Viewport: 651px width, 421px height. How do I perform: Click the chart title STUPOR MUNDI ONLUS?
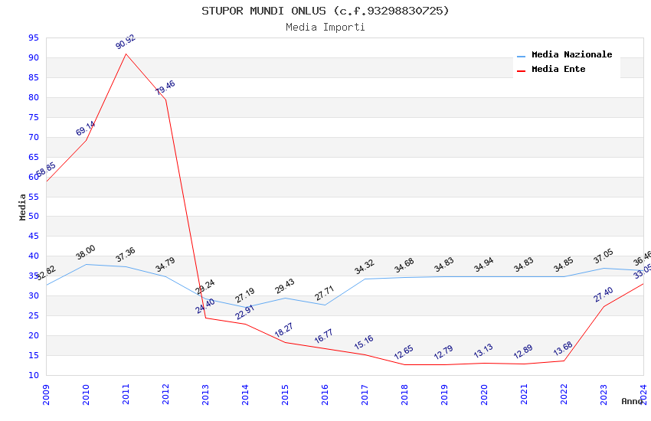(325, 11)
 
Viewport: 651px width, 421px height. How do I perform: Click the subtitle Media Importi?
(325, 28)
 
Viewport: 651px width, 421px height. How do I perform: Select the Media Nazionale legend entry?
(571, 55)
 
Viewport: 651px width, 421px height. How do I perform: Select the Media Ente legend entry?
(558, 70)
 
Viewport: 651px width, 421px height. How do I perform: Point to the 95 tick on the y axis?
(33, 38)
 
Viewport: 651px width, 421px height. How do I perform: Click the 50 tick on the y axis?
(33, 217)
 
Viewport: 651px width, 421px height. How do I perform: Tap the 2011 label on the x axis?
(126, 393)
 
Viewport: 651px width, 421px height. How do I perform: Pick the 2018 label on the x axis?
(404, 393)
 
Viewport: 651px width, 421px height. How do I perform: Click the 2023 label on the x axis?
(604, 393)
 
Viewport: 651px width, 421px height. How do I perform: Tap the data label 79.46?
(165, 87)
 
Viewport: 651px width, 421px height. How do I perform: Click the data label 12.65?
(404, 353)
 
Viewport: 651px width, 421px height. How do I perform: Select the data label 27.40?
(604, 295)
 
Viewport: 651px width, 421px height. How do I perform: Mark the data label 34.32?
(365, 267)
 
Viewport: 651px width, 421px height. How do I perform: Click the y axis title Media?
(23, 207)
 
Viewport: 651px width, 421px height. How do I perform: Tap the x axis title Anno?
(632, 401)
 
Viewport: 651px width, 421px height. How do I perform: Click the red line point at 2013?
(205, 318)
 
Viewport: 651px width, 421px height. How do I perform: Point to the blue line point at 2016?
(325, 305)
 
